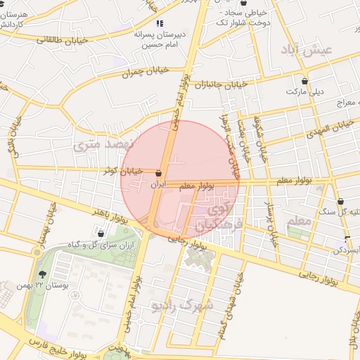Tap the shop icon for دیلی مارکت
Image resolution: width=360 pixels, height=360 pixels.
(x=304, y=81)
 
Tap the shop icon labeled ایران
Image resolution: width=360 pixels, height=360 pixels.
(x=159, y=173)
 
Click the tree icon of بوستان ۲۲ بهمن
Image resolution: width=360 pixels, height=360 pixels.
(x=43, y=274)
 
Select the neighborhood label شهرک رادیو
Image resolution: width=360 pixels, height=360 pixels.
(x=186, y=305)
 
